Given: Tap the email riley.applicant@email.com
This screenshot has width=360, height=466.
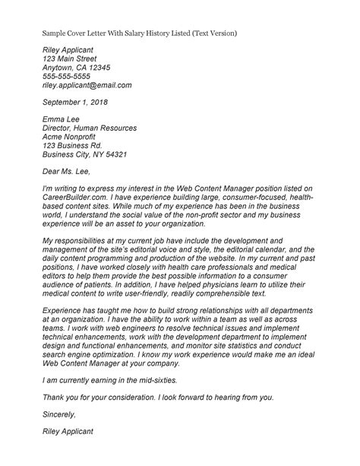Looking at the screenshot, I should pyautogui.click(x=87, y=85).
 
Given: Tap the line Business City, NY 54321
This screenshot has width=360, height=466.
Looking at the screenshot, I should pyautogui.click(x=85, y=158).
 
